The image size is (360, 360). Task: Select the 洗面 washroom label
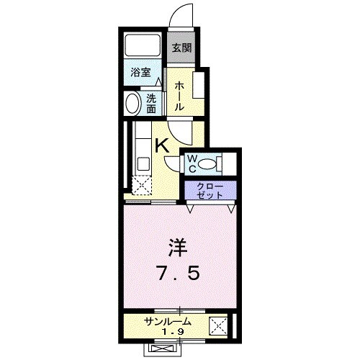[152, 104]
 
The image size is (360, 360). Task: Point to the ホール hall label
[179, 95]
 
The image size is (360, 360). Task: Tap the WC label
[192, 163]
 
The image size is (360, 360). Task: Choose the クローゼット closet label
[211, 190]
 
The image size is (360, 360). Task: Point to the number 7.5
[178, 276]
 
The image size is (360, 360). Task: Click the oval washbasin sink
[132, 104]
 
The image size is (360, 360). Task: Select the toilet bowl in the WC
[210, 163]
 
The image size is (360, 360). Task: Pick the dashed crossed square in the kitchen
[140, 186]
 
